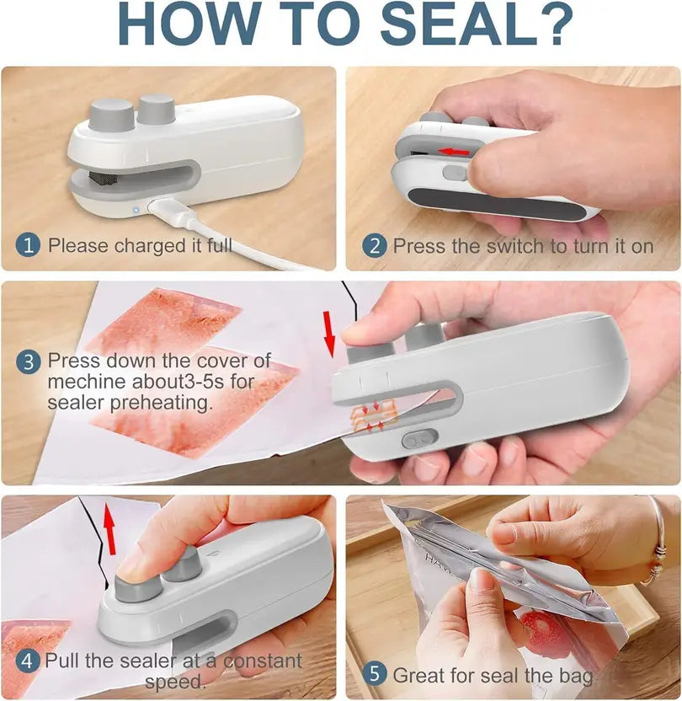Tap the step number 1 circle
[x=29, y=246]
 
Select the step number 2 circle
[x=375, y=246]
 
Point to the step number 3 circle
[x=29, y=362]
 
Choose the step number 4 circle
[x=29, y=661]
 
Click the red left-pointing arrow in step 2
[x=455, y=152]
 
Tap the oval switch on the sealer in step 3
[x=418, y=439]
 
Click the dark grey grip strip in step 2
[x=497, y=203]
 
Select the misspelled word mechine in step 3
[x=85, y=381]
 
